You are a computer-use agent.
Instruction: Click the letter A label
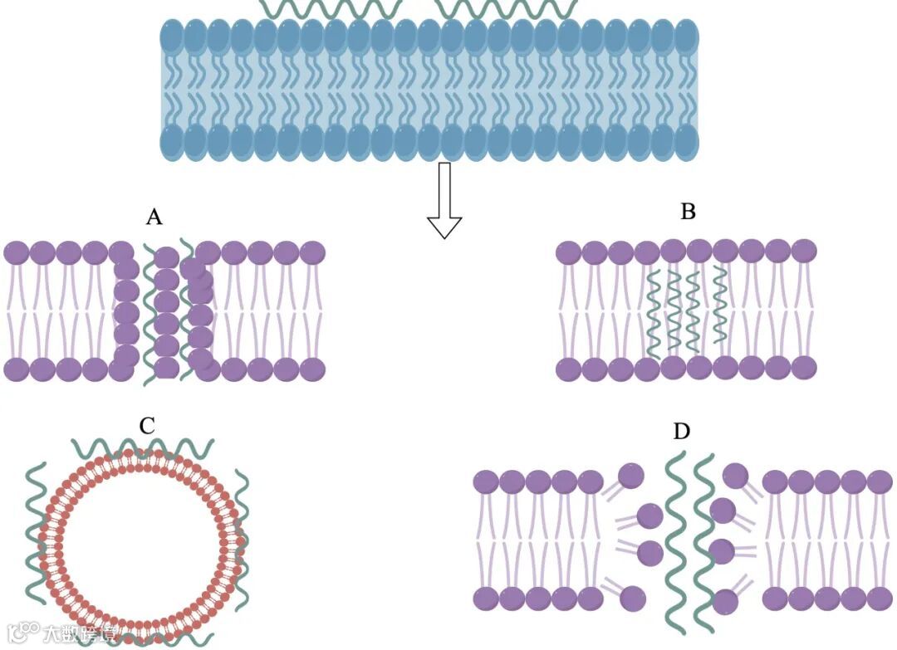tap(154, 217)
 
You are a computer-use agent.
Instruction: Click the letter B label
tap(688, 212)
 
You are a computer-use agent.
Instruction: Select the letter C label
tap(147, 426)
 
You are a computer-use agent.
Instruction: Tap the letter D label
tap(682, 432)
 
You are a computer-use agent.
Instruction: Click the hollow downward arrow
tap(444, 200)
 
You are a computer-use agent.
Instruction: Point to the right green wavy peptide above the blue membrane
tap(507, 8)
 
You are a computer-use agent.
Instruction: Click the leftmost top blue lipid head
tap(171, 37)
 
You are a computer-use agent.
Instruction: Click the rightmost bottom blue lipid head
tap(687, 142)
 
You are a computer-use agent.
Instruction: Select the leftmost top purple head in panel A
tap(17, 252)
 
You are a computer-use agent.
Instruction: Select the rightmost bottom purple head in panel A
tap(312, 369)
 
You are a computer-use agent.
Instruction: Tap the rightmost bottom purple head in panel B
tap(804, 368)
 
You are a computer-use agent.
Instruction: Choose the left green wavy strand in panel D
tap(677, 540)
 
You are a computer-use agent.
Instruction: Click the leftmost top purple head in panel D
tap(486, 481)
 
